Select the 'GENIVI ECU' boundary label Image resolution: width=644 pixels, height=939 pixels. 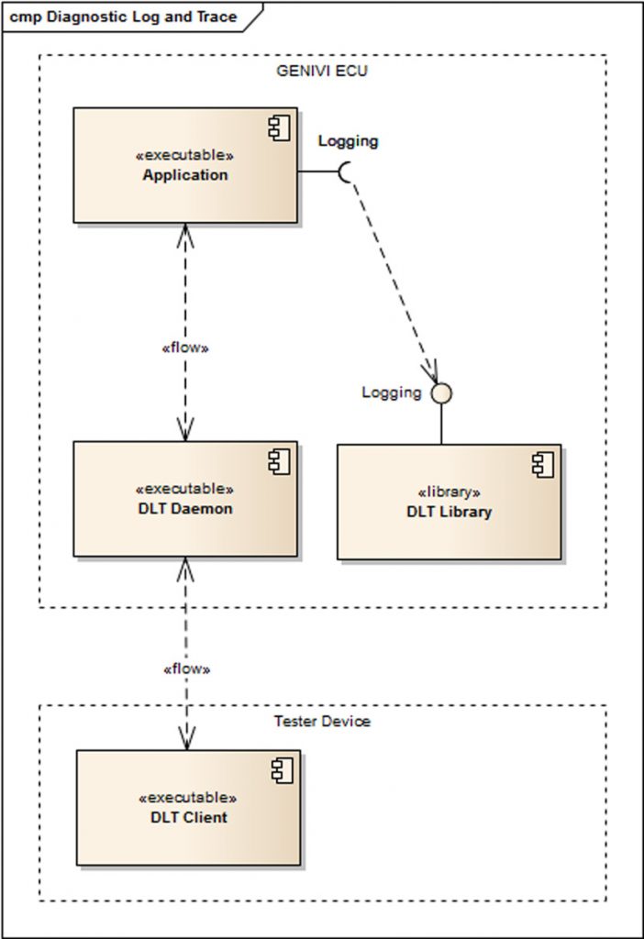click(321, 71)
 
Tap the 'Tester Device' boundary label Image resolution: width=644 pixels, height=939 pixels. click(322, 721)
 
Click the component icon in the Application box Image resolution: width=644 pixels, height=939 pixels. click(279, 129)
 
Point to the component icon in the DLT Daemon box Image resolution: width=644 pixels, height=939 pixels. click(278, 462)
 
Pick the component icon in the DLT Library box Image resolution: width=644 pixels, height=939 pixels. click(542, 465)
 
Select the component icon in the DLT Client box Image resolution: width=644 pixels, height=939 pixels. click(282, 771)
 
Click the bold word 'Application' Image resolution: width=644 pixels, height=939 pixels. click(185, 175)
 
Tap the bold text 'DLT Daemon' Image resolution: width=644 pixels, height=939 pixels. click(184, 508)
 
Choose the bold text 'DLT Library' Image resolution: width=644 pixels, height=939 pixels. click(449, 512)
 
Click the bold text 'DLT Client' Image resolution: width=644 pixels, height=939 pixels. click(188, 817)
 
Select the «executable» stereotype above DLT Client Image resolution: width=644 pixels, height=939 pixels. click(188, 799)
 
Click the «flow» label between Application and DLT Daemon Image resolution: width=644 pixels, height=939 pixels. click(185, 348)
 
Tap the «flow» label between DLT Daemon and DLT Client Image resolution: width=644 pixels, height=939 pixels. click(186, 668)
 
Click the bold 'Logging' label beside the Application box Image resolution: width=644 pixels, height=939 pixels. click(348, 141)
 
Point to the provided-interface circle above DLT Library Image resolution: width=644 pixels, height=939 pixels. click(442, 393)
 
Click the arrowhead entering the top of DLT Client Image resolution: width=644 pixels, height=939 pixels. click(187, 738)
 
